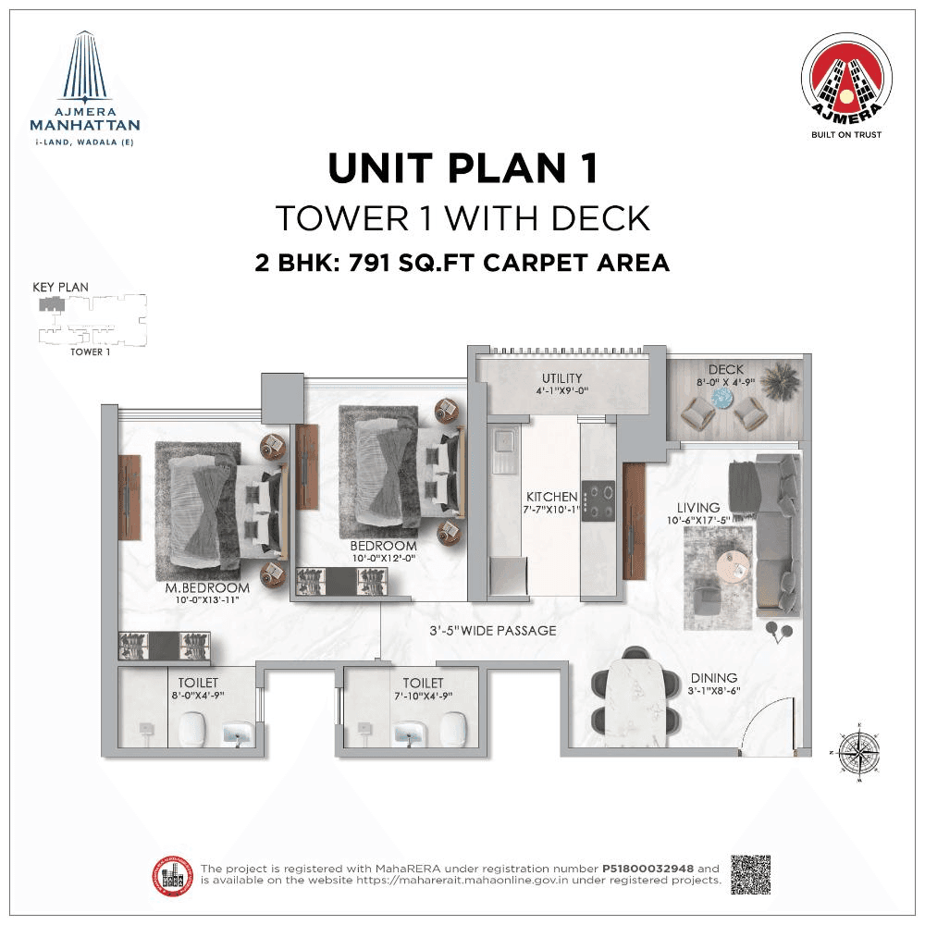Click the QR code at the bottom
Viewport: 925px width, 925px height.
click(750, 874)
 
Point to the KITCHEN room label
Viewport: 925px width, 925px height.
click(552, 497)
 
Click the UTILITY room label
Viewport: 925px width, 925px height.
click(562, 377)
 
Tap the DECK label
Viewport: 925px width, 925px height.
click(727, 370)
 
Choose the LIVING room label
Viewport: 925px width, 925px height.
click(698, 508)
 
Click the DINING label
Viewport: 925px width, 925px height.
click(713, 678)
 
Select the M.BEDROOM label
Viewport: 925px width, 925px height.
click(207, 588)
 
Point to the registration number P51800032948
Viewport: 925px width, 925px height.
click(648, 869)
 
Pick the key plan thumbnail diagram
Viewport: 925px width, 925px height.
click(90, 319)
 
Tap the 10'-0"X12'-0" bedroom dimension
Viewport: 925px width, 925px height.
click(384, 559)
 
